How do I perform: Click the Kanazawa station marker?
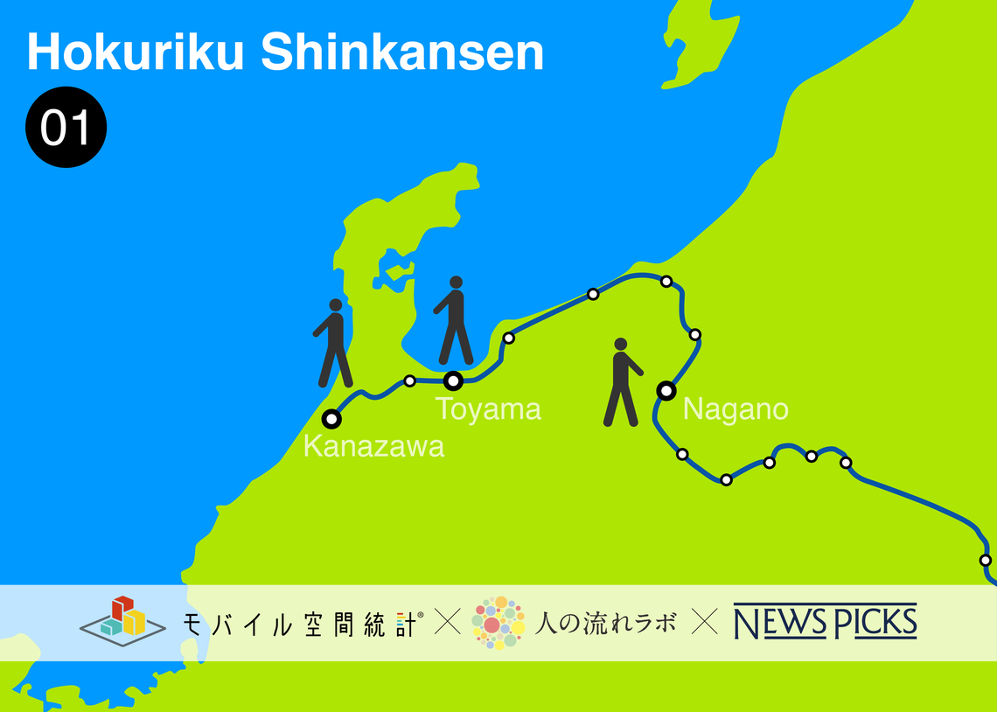pos(331,418)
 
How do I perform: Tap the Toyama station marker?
pos(453,380)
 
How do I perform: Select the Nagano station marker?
pos(666,390)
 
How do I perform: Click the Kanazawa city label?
pos(373,446)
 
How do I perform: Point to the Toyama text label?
pos(488,408)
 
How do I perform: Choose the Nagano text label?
pos(736,408)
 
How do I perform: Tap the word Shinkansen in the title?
pos(402,53)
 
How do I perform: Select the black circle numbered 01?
pos(66,128)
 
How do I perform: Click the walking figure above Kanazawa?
pos(333,343)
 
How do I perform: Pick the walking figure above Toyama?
pos(454,320)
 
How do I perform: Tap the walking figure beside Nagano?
pos(622,382)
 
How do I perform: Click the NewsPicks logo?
pos(825,621)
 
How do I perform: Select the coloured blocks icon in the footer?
pos(122,618)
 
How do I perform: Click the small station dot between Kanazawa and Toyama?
pos(409,380)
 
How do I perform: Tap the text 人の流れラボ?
pos(605,623)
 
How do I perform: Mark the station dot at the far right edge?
pos(986,560)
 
